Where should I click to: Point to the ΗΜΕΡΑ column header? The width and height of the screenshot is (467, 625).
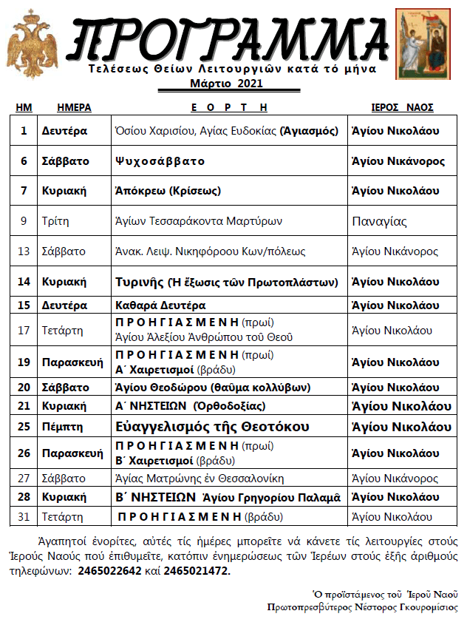tap(74, 107)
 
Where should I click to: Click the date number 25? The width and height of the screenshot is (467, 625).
tap(24, 427)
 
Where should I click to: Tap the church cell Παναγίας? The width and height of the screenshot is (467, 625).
tap(380, 221)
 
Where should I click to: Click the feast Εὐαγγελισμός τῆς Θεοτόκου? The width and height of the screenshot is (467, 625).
tap(212, 427)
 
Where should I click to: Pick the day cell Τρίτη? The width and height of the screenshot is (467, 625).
tap(55, 221)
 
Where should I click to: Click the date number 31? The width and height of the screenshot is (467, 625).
tap(24, 516)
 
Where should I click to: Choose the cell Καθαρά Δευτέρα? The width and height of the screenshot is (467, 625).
tap(160, 305)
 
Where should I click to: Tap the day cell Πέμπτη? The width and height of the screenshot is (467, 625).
tap(62, 427)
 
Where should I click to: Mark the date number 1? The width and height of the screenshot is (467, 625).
tap(24, 131)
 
